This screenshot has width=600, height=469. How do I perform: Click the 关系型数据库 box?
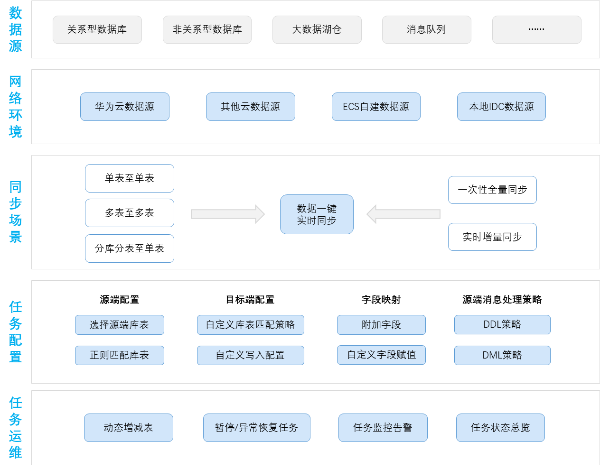(97, 29)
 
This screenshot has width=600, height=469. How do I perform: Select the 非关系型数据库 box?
(207, 29)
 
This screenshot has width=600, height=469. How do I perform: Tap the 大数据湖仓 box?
(317, 29)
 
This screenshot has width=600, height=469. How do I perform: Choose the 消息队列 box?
(426, 29)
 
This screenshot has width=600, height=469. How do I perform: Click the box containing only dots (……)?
(536, 29)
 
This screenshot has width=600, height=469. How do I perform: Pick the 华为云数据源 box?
(124, 107)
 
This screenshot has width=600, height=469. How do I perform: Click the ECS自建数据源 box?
(376, 107)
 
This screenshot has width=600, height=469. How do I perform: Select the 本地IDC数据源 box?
(501, 107)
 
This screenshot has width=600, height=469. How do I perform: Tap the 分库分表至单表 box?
(130, 248)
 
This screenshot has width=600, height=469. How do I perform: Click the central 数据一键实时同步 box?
(317, 214)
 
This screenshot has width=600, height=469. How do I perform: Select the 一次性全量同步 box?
(492, 190)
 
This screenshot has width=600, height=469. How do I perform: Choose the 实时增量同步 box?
(492, 237)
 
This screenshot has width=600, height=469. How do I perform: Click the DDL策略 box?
(502, 324)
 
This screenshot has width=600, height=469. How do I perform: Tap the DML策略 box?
(502, 355)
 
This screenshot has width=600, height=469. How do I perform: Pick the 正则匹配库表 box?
(119, 355)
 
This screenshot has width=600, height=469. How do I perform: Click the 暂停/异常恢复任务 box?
(256, 428)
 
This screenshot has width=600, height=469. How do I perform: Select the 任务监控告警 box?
(383, 428)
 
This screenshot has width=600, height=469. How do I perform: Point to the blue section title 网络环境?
(15, 106)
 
